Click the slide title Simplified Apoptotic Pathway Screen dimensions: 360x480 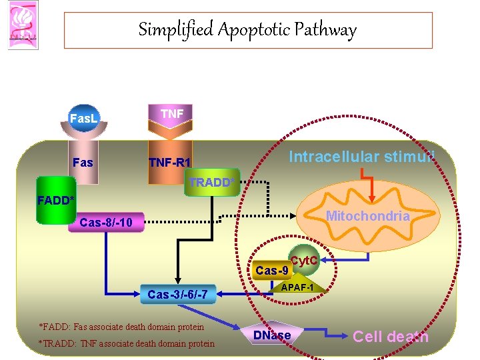click(x=247, y=30)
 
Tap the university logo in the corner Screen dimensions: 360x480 click(x=20, y=25)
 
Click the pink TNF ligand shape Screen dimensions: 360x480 click(x=172, y=115)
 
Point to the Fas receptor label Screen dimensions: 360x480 click(x=83, y=163)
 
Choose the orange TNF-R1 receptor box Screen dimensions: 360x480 click(x=170, y=163)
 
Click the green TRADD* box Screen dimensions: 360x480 click(x=211, y=182)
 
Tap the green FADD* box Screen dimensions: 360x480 click(x=57, y=199)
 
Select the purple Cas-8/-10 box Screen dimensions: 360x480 click(x=105, y=222)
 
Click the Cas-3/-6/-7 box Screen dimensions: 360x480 click(x=177, y=294)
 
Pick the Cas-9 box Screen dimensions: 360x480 click(x=272, y=271)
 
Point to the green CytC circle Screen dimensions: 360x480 click(x=303, y=260)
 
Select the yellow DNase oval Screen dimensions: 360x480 click(x=272, y=335)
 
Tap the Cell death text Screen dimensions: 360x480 click(x=391, y=337)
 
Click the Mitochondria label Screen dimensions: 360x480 click(x=367, y=216)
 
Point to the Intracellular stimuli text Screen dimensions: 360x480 click(x=362, y=157)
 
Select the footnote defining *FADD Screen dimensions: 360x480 click(x=122, y=327)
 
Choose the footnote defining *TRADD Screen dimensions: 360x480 click(x=127, y=343)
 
